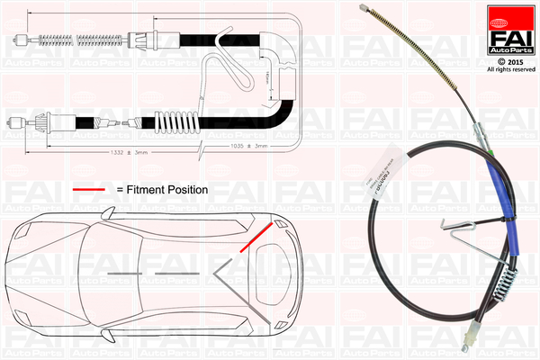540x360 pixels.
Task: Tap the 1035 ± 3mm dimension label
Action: (x=248, y=145)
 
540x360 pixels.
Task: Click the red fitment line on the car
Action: (x=257, y=237)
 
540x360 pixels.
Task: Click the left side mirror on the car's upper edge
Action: (x=108, y=213)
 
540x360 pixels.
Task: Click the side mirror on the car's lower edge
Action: (x=108, y=335)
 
